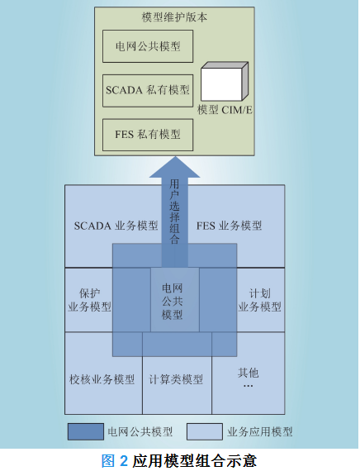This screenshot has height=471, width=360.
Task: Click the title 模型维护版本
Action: pyautogui.click(x=174, y=17)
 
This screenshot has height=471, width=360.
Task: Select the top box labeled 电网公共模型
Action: pyautogui.click(x=148, y=46)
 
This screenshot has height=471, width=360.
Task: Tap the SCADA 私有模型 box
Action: pyautogui.click(x=148, y=90)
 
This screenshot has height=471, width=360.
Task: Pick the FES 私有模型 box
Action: pyautogui.click(x=148, y=135)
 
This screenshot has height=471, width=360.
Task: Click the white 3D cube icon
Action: pyautogui.click(x=225, y=81)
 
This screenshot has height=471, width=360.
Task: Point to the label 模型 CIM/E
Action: pyautogui.click(x=225, y=110)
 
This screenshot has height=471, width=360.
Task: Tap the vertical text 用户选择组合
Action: pyautogui.click(x=174, y=212)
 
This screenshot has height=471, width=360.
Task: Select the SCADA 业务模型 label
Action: pyautogui.click(x=116, y=226)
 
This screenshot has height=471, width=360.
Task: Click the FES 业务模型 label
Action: pyautogui.click(x=229, y=226)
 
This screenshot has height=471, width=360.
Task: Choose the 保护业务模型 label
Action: pyautogui.click(x=89, y=300)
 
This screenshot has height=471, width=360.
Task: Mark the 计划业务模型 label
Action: pyautogui.click(x=260, y=300)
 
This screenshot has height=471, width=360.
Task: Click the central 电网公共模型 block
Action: pyautogui.click(x=175, y=299)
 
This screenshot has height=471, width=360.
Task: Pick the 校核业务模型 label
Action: pyautogui.click(x=102, y=379)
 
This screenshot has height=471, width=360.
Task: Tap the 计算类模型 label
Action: pyautogui.click(x=176, y=379)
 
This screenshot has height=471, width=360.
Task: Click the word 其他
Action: pyautogui.click(x=248, y=373)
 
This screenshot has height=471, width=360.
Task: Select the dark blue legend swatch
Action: pyautogui.click(x=86, y=431)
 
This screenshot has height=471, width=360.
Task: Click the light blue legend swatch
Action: pyautogui.click(x=205, y=431)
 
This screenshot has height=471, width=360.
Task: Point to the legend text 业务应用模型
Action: pyautogui.click(x=260, y=432)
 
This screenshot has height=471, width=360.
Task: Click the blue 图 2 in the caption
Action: pyautogui.click(x=115, y=460)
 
